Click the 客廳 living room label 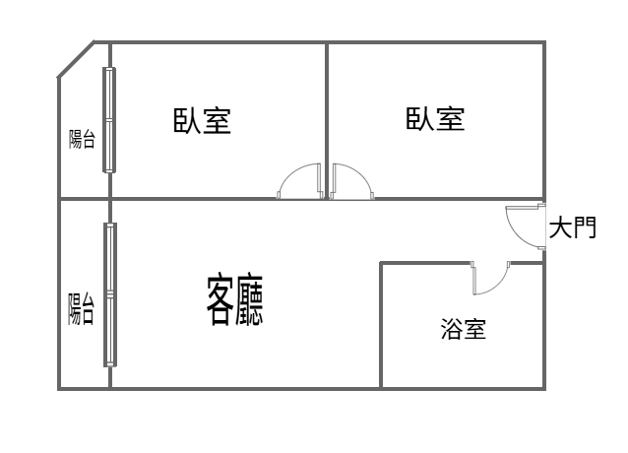[x=234, y=300]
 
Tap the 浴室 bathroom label [x=464, y=329]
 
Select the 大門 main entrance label [x=573, y=227]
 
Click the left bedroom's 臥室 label [x=202, y=120]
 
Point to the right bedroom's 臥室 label [x=435, y=118]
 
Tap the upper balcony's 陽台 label [x=82, y=139]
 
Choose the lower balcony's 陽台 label [x=81, y=309]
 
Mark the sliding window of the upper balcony [x=109, y=120]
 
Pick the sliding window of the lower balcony [x=110, y=294]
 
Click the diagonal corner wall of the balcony [x=76, y=58]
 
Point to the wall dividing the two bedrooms [x=327, y=120]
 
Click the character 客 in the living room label [x=220, y=300]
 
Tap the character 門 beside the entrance [x=585, y=227]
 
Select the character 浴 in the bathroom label [x=452, y=329]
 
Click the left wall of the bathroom [x=381, y=325]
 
